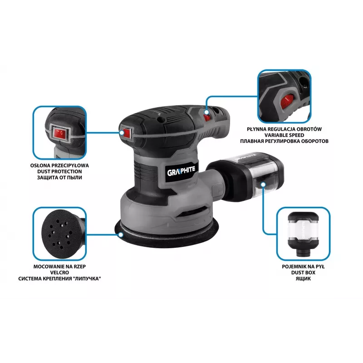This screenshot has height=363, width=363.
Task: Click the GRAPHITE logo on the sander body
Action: click(x=181, y=171)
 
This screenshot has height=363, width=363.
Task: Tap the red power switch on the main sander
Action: click(x=127, y=133)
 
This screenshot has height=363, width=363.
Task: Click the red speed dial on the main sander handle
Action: click(x=207, y=117)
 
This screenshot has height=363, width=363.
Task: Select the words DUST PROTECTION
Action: click(x=59, y=172)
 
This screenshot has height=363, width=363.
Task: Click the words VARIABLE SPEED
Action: click(x=285, y=135)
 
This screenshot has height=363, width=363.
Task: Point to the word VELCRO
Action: click(x=59, y=273)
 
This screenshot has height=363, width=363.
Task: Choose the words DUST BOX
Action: click(x=303, y=273)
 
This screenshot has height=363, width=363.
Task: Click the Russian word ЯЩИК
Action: click(x=303, y=279)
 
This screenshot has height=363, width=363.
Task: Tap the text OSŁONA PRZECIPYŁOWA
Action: click(x=59, y=166)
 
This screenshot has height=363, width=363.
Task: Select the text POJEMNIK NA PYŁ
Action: click(x=303, y=267)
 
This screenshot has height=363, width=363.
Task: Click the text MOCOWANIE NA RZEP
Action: click(x=59, y=267)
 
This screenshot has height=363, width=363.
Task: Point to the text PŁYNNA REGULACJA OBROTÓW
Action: click(x=285, y=129)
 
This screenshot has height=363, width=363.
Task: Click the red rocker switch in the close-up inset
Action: click(x=60, y=133)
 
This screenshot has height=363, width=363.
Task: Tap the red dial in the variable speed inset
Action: click(x=287, y=101)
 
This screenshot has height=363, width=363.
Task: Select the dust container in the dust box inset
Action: click(x=303, y=234)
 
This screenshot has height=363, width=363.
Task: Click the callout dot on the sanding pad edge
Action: click(x=121, y=235)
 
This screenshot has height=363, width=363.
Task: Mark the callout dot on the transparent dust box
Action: click(x=263, y=185)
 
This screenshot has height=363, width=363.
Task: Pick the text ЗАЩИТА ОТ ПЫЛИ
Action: click(x=59, y=177)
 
